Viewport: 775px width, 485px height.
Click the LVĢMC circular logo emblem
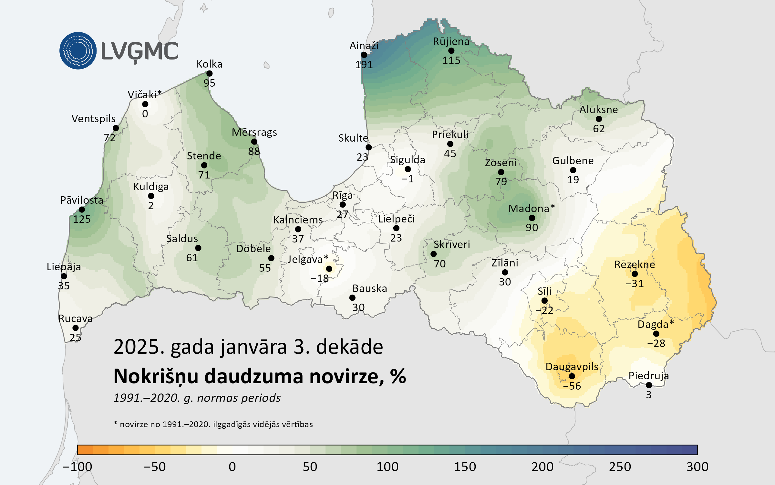click(x=78, y=50)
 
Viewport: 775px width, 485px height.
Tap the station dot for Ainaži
click(x=364, y=55)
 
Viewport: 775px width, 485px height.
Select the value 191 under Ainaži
click(x=364, y=65)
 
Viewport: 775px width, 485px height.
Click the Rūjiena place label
click(x=451, y=41)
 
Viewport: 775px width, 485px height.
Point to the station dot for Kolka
click(x=209, y=74)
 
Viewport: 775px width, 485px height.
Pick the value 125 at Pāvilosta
click(x=82, y=219)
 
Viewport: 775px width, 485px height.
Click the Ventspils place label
click(x=93, y=119)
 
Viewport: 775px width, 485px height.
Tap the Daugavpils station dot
click(x=572, y=376)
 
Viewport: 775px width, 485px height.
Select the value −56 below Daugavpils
click(x=572, y=386)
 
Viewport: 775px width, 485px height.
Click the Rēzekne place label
click(x=635, y=264)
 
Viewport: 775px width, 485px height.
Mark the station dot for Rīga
click(x=343, y=205)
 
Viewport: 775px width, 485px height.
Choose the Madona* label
click(x=532, y=209)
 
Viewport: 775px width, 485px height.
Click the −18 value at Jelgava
click(x=320, y=278)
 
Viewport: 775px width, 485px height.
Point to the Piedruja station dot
click(x=649, y=385)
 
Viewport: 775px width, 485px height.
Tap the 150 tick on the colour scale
click(x=465, y=467)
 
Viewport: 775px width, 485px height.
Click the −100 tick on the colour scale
click(x=77, y=467)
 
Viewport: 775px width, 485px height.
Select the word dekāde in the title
click(x=349, y=347)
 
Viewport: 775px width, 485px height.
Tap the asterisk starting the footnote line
click(x=115, y=423)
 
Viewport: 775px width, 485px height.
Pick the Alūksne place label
click(x=598, y=110)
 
